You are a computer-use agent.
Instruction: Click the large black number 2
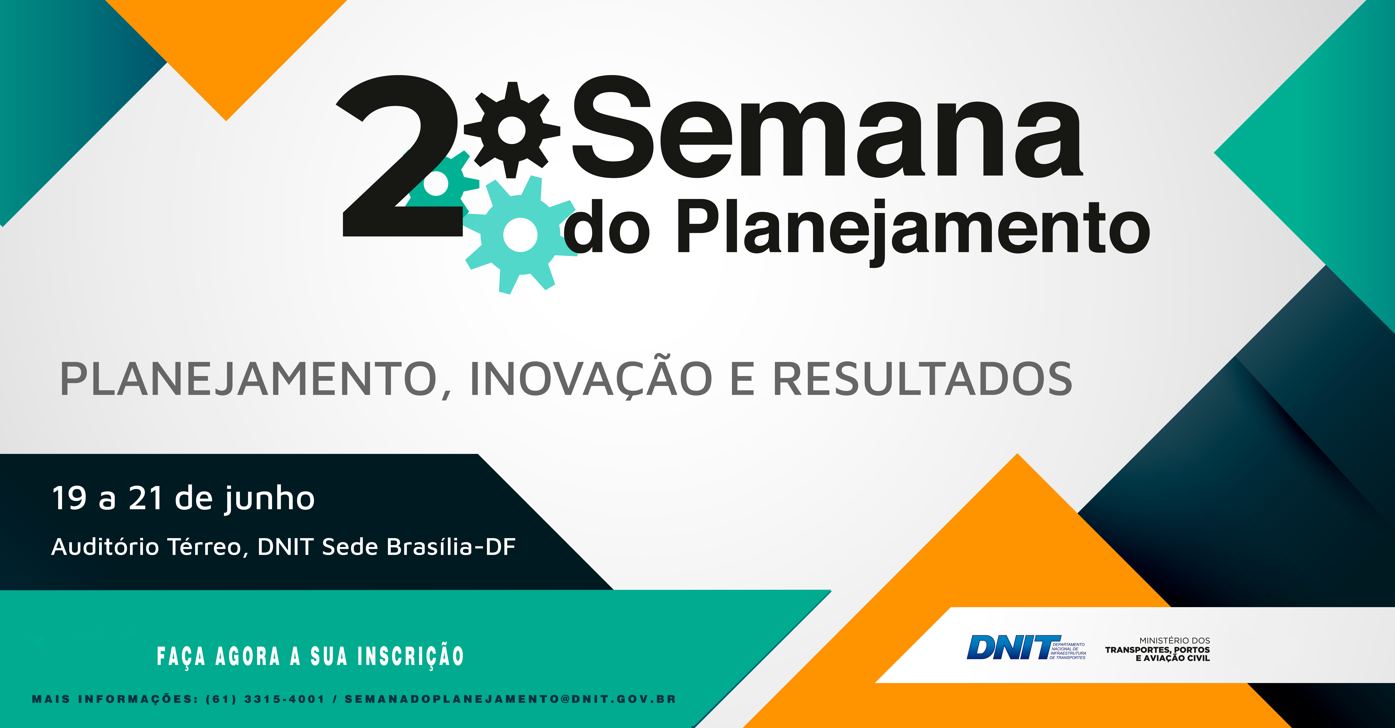click(398, 157)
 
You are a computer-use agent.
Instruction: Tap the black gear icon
click(512, 130)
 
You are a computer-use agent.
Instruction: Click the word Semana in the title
click(826, 130)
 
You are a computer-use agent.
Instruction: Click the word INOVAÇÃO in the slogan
click(590, 379)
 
